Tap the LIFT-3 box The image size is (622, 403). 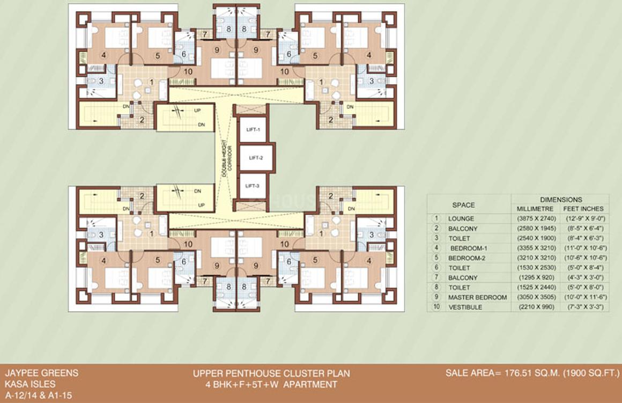click(253, 186)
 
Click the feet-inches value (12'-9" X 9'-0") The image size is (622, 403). click(583, 219)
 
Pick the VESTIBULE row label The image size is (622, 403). click(465, 307)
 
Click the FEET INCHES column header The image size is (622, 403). click(583, 209)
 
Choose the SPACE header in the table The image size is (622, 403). click(463, 205)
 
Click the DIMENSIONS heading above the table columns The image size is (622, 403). click(561, 199)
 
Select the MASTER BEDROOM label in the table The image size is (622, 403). click(477, 297)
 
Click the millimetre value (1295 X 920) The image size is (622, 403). click(535, 278)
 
